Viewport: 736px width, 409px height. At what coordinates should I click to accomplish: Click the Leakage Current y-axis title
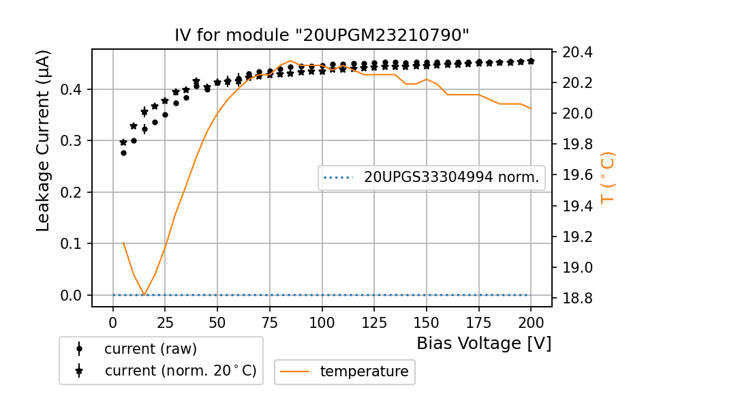pos(44,140)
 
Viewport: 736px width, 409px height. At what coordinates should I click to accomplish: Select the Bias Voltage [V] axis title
pos(484,344)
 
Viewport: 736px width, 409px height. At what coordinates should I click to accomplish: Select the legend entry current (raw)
pos(150,349)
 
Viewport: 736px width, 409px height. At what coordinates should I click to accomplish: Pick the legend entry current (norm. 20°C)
pos(180,372)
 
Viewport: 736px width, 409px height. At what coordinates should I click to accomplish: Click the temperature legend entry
pos(364,372)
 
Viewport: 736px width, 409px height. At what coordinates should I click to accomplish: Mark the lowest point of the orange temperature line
pos(144,295)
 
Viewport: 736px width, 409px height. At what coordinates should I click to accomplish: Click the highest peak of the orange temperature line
pos(290,61)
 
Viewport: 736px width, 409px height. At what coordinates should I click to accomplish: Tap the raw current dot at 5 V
pos(123,153)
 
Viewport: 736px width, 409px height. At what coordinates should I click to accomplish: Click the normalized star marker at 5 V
pos(123,142)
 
